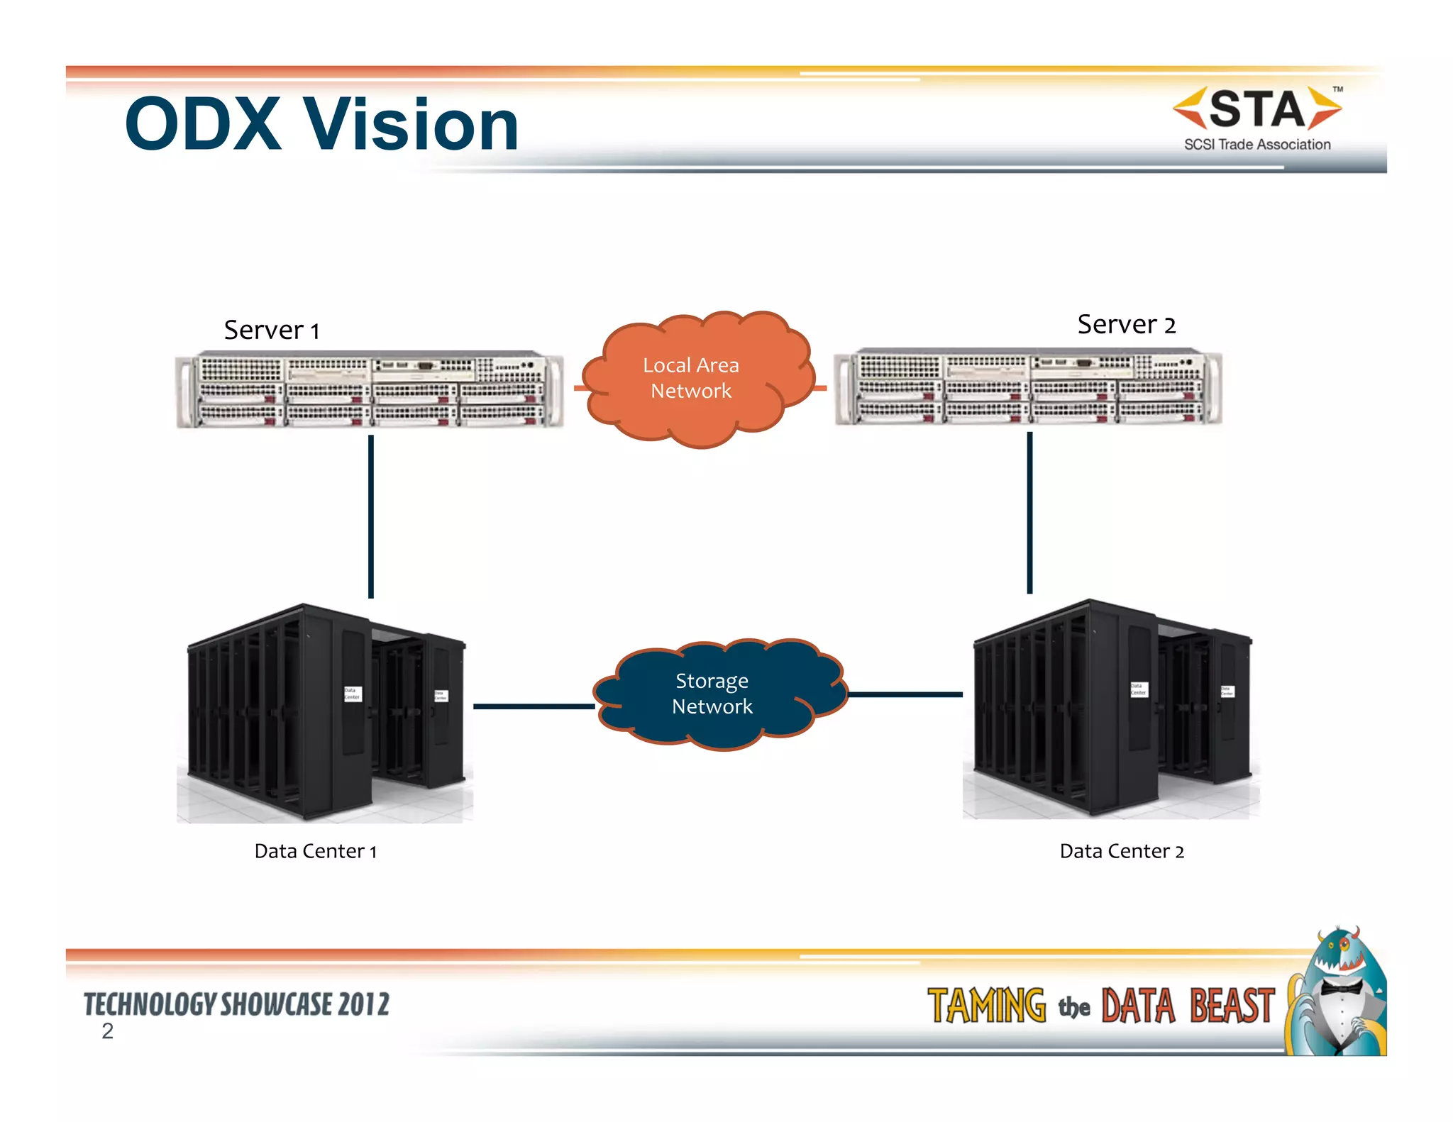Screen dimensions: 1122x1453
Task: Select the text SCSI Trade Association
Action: pyautogui.click(x=1256, y=145)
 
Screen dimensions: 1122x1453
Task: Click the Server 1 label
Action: pyautogui.click(x=272, y=331)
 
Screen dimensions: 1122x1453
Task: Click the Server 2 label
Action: pyautogui.click(x=1126, y=325)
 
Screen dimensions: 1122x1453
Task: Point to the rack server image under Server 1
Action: pyautogui.click(x=369, y=389)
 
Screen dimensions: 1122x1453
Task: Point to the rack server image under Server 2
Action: pyautogui.click(x=1028, y=387)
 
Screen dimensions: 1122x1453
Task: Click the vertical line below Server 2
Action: pyautogui.click(x=1029, y=512)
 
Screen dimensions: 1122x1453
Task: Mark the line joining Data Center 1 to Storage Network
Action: pyautogui.click(x=534, y=706)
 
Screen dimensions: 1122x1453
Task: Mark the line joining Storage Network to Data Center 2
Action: pyautogui.click(x=905, y=695)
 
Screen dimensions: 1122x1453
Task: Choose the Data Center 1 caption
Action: pyautogui.click(x=316, y=851)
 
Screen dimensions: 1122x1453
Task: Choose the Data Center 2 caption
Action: pyautogui.click(x=1122, y=851)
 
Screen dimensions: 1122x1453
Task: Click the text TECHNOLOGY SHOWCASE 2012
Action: pyautogui.click(x=236, y=1004)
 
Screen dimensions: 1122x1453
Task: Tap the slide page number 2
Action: pyautogui.click(x=107, y=1031)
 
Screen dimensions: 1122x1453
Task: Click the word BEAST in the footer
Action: pyautogui.click(x=1232, y=1006)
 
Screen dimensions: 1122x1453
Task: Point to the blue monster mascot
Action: pyautogui.click(x=1338, y=993)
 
